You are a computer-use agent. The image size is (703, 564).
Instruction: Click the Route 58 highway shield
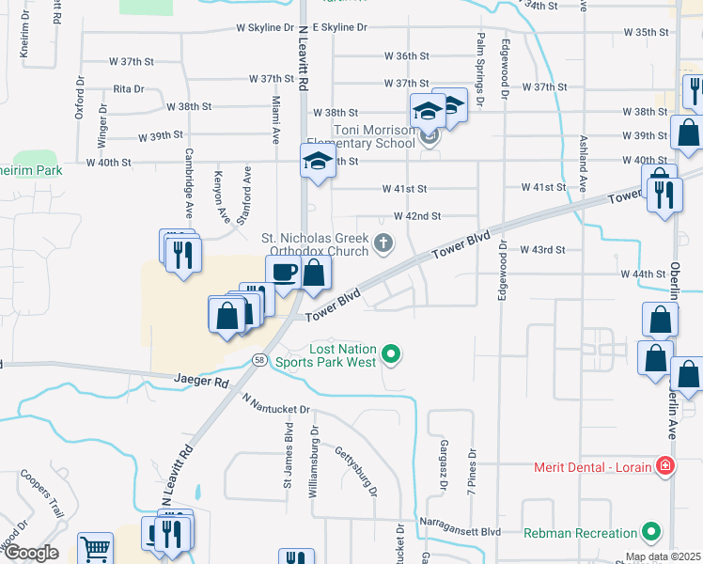[259, 360]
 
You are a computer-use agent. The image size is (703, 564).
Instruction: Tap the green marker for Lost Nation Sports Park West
[393, 354]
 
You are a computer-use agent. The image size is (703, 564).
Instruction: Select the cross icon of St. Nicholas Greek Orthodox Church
[383, 243]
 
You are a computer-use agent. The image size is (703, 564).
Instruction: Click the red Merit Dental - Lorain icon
[665, 466]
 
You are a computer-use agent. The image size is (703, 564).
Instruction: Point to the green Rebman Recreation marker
[648, 532]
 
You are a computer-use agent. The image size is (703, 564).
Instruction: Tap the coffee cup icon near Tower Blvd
[284, 273]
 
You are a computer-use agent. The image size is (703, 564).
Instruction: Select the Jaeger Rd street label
[201, 383]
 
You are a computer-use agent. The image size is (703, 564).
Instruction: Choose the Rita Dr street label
[128, 89]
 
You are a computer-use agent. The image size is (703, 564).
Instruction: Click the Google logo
[31, 552]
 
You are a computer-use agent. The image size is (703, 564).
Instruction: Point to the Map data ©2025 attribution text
[662, 557]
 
